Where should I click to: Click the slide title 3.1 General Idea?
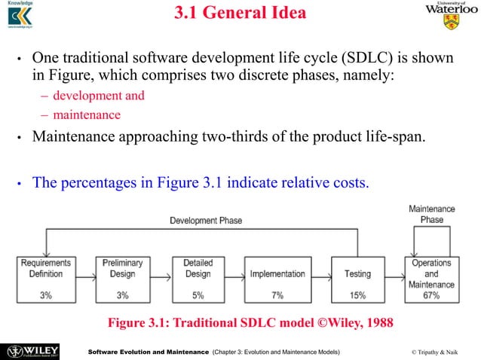tap(240, 14)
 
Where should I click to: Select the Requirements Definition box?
tap(46, 279)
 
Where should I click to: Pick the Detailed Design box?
tap(198, 279)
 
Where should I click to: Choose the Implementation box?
tap(277, 279)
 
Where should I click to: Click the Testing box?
tap(357, 279)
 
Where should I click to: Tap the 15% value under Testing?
tap(357, 295)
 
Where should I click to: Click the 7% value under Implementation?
tap(277, 295)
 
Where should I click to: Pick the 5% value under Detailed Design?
tap(198, 295)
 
